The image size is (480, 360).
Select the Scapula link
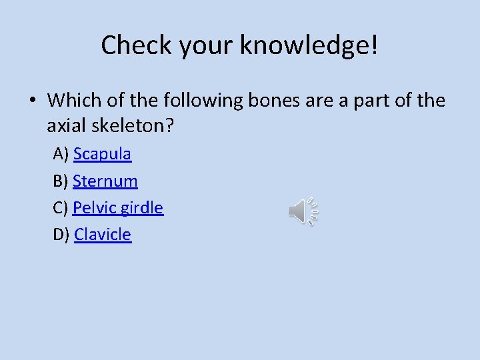(102, 154)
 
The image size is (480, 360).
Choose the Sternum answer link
(105, 181)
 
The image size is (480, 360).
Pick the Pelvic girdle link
(118, 207)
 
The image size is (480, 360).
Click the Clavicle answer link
(103, 234)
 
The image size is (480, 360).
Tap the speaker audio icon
(304, 211)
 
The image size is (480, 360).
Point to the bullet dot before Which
(32, 101)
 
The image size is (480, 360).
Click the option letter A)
(61, 154)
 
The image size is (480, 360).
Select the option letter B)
(61, 181)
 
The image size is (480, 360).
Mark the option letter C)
(61, 207)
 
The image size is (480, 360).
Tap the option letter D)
(61, 234)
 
